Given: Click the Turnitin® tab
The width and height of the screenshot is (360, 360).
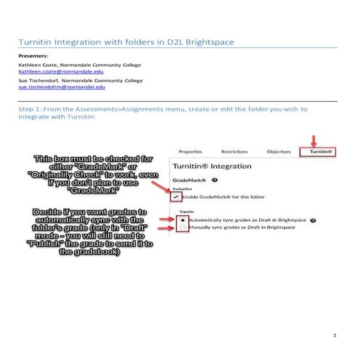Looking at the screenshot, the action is (x=318, y=152).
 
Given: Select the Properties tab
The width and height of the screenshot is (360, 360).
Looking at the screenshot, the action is (x=190, y=152).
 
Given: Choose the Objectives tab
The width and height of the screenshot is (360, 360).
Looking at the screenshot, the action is (x=279, y=152).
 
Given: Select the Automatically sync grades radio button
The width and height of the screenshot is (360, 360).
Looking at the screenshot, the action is (x=182, y=220).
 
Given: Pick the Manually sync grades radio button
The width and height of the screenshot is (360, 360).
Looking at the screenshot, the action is (x=182, y=228).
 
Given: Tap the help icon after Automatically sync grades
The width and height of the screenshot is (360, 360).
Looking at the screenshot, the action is (x=312, y=220).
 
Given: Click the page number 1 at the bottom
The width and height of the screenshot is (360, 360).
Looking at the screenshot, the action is (x=333, y=336).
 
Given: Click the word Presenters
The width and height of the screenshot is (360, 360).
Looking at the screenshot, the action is (x=33, y=55).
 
